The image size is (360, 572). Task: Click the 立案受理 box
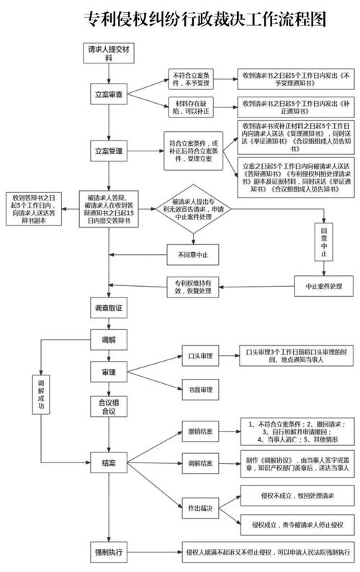pyautogui.click(x=109, y=152)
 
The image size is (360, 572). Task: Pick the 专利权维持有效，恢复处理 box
pyautogui.click(x=192, y=286)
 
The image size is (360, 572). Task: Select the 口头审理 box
pyautogui.click(x=201, y=356)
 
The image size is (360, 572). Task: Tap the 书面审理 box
pyautogui.click(x=201, y=390)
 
